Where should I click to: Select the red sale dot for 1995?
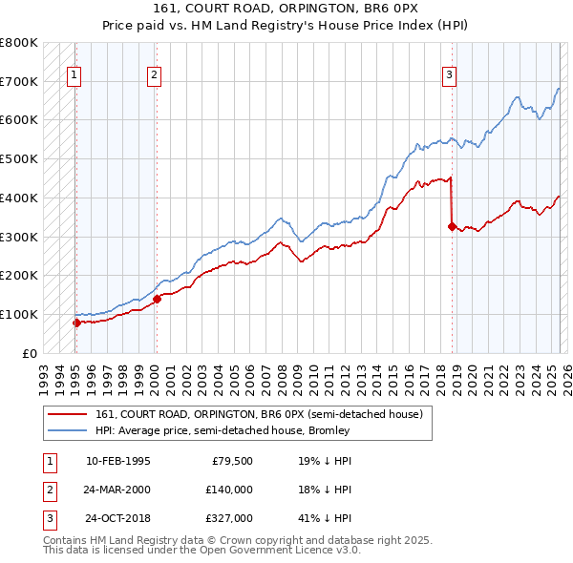tap(76, 323)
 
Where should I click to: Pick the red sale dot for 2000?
tap(157, 299)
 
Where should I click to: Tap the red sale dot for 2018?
tap(452, 226)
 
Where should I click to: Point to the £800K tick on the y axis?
tap(19, 43)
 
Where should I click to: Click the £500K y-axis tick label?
tap(19, 159)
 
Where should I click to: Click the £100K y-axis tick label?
tap(19, 314)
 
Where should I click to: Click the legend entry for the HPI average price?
tap(222, 430)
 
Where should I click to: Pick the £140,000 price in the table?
tap(229, 490)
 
